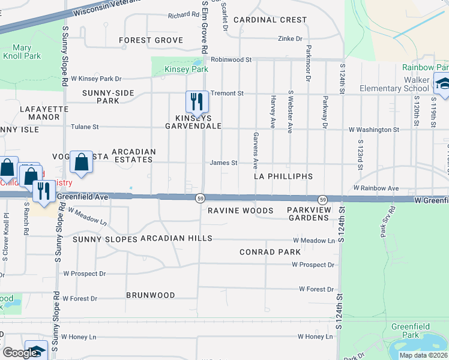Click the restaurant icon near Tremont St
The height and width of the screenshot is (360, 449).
click(x=196, y=101)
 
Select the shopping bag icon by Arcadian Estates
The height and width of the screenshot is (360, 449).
click(x=81, y=161)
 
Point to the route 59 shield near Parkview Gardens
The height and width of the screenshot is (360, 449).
click(x=322, y=199)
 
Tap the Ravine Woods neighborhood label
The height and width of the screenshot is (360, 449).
click(x=241, y=211)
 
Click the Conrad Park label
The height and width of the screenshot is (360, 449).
click(x=270, y=252)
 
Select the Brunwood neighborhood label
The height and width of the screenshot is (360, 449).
click(x=151, y=295)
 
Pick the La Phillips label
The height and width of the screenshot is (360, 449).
click(x=283, y=176)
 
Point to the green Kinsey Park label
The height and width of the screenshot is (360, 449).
click(x=186, y=70)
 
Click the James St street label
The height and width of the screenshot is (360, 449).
click(x=224, y=163)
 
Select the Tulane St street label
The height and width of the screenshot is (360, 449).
click(x=85, y=127)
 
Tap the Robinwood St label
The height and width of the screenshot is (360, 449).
click(x=231, y=60)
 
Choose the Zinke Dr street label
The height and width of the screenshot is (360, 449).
click(x=290, y=38)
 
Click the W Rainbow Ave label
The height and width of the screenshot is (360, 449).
click(x=376, y=188)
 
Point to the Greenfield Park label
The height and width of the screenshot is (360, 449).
click(x=405, y=330)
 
